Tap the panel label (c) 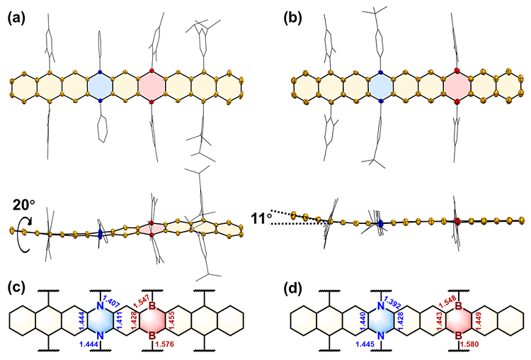tap(16, 288)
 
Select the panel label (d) tap(293, 288)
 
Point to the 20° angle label tap(23, 205)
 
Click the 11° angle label tap(261, 219)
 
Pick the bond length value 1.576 tap(164, 344)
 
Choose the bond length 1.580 tap(469, 344)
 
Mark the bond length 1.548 tap(447, 302)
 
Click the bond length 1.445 tap(365, 344)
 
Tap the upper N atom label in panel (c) tap(100, 305)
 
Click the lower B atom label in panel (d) tap(458, 336)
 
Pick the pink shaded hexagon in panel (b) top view tap(457, 86)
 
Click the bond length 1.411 tap(118, 321)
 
